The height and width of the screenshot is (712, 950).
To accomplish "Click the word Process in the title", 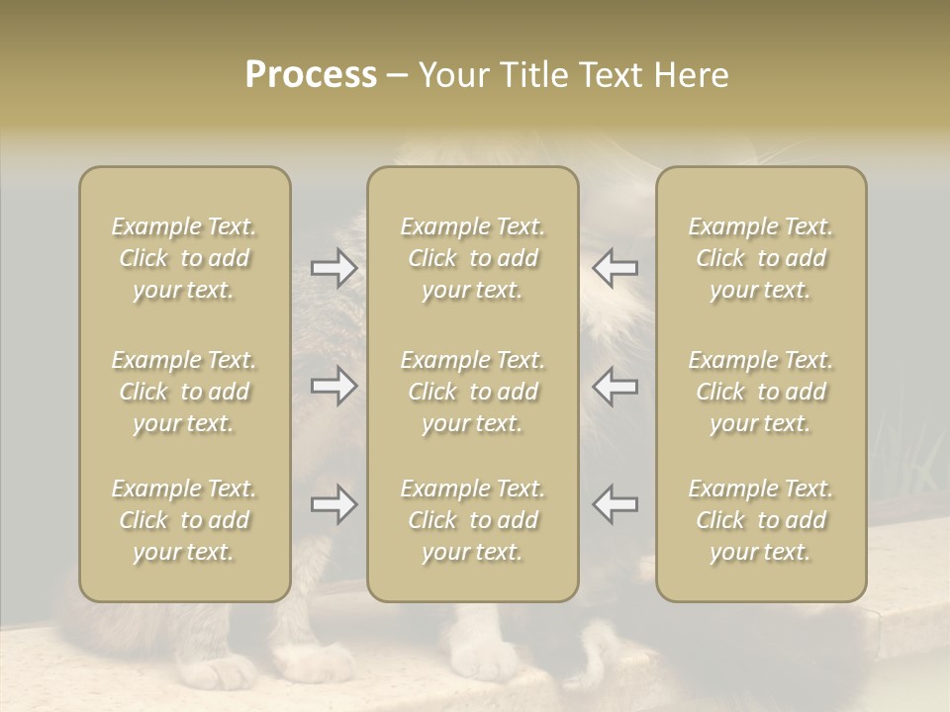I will pos(311,75).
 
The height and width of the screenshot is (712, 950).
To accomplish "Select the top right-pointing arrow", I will pos(333,268).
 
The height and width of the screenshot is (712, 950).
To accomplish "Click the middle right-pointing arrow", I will pos(333,386).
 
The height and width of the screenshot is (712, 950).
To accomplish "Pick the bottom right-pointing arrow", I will pos(333,504).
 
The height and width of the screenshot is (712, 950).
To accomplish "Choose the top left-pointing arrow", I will pos(616,268).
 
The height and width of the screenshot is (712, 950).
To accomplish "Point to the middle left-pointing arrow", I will pos(616,386).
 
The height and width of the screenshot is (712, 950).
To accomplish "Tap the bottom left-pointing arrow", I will pos(616,504).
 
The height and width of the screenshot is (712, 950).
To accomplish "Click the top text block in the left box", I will pos(184,258).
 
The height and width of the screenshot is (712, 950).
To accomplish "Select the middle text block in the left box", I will pos(184,392).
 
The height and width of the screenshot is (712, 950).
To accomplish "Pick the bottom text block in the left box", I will pos(184,520).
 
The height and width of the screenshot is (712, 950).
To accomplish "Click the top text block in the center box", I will pos(472,258).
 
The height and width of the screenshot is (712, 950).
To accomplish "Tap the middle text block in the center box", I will pos(472,392).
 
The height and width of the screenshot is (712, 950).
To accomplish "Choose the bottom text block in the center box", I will pos(472,520).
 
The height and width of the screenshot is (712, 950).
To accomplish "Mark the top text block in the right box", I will pos(761,258).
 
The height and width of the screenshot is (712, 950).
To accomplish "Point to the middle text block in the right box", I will pos(761,392).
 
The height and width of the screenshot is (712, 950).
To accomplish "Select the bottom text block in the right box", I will pos(761,520).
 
